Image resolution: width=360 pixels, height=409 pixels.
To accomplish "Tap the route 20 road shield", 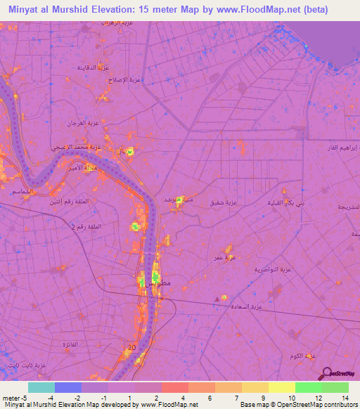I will tap(132, 348).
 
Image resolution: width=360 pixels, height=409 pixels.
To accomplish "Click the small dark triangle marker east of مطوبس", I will tap(216, 299).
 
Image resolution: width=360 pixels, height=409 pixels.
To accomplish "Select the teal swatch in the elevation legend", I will tap(41, 387).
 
